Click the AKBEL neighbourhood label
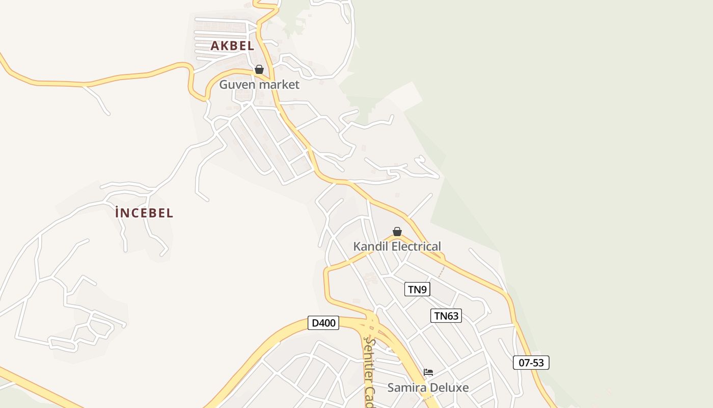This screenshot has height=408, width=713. pos(232,45)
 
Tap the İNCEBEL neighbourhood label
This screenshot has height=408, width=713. pos(144,213)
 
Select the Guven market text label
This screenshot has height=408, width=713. pos(259,84)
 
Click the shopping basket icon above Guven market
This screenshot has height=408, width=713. pos(259,69)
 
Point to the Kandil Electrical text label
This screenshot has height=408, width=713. pos(397,246)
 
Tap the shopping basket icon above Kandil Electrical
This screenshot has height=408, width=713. pos(397,232)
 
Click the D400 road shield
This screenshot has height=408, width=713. pos(323,323)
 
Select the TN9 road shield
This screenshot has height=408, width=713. pos(417,289)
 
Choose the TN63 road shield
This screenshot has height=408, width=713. pos(446,316)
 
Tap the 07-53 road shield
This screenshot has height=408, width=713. pos(531,363)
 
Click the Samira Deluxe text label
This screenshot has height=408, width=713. pos(428,387)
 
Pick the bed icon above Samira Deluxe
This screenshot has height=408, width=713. pos(428,372)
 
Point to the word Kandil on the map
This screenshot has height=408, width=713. pos(368,246)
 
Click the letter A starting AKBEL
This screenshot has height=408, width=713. pos(214,45)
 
